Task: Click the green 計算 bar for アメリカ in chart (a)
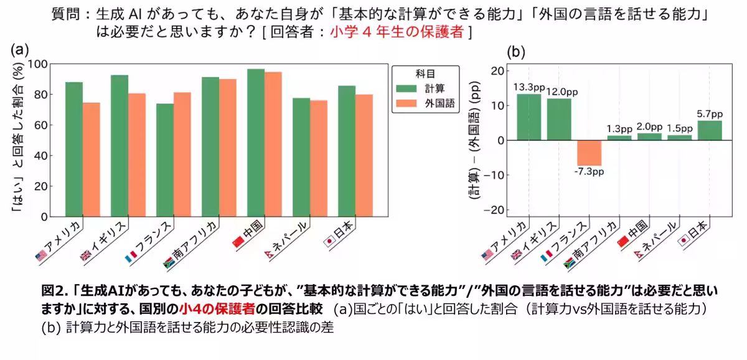pos(74,149)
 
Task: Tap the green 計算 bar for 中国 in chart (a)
pos(256,143)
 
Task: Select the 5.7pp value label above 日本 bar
pos(709,114)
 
